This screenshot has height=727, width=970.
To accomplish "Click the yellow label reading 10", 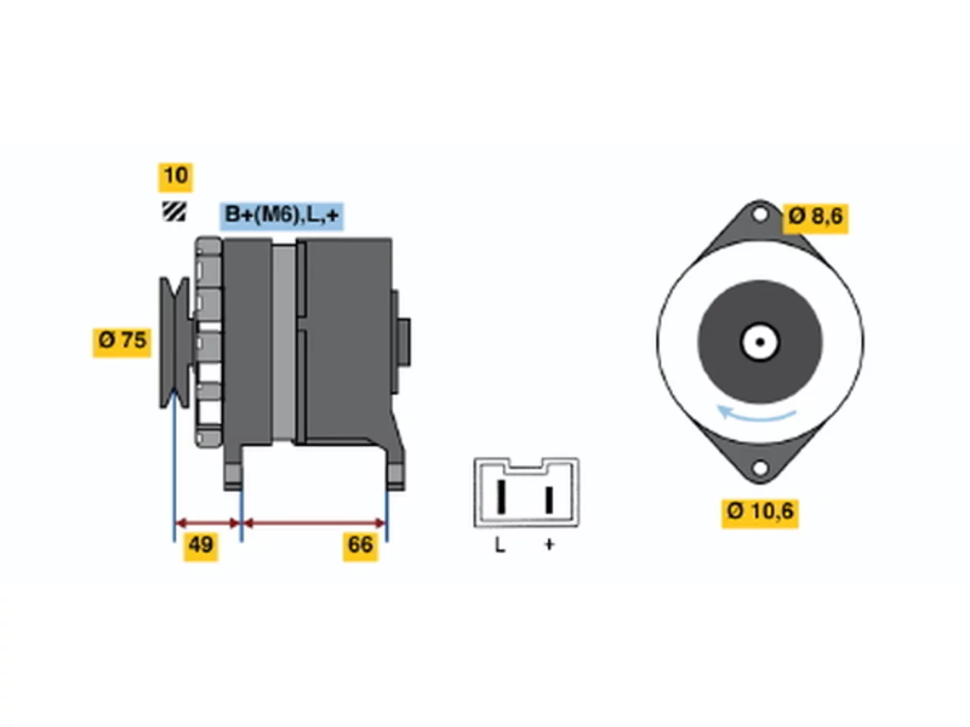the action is pos(176,177).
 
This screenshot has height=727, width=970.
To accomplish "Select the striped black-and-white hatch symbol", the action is pos(174,211).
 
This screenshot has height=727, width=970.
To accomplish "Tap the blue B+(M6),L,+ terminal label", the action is pos(281,216).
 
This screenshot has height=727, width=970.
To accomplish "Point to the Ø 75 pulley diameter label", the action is pos(122,342).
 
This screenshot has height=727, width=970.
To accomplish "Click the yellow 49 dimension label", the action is pos(201,547).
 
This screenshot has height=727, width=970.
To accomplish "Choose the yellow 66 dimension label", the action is pos(361,547).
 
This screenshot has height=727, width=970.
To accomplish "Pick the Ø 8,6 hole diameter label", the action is pos(815,218).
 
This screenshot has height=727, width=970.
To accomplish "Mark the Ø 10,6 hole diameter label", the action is pos(760,513).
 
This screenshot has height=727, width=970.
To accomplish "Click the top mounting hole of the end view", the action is pos(759,215).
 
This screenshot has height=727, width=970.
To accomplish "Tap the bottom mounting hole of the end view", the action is pos(759,468).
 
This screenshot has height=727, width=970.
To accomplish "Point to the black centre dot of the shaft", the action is pos(760,342).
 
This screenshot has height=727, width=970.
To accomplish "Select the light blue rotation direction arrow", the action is pos(756,414).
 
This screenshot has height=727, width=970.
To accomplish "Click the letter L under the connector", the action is pos(500,545).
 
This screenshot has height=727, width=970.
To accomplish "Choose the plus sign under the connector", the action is pos(549,544).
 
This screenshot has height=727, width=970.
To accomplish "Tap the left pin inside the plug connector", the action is pos(501,496).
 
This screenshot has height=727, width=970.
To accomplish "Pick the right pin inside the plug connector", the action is pos(549,500).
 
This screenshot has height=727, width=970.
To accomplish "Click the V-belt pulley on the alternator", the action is pos(174,342).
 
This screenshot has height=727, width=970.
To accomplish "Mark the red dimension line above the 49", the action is pos(208,523).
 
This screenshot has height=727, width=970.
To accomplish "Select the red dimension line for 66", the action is pos(314,523).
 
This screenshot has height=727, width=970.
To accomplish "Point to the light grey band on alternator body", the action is pos(283,342).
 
